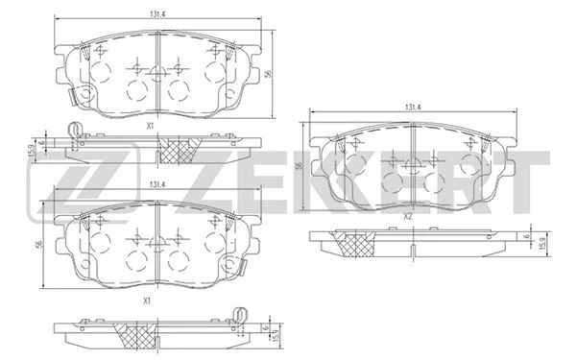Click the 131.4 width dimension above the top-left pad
tap(156, 14)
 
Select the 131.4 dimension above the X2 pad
tap(413, 108)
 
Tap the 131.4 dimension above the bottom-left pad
tap(156, 185)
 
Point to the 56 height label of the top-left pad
tap(269, 74)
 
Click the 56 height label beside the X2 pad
tap(299, 166)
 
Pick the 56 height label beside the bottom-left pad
tap(40, 244)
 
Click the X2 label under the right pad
tap(408, 217)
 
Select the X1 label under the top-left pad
tap(150, 126)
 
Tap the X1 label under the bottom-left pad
tap(147, 300)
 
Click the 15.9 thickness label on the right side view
tap(541, 244)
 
